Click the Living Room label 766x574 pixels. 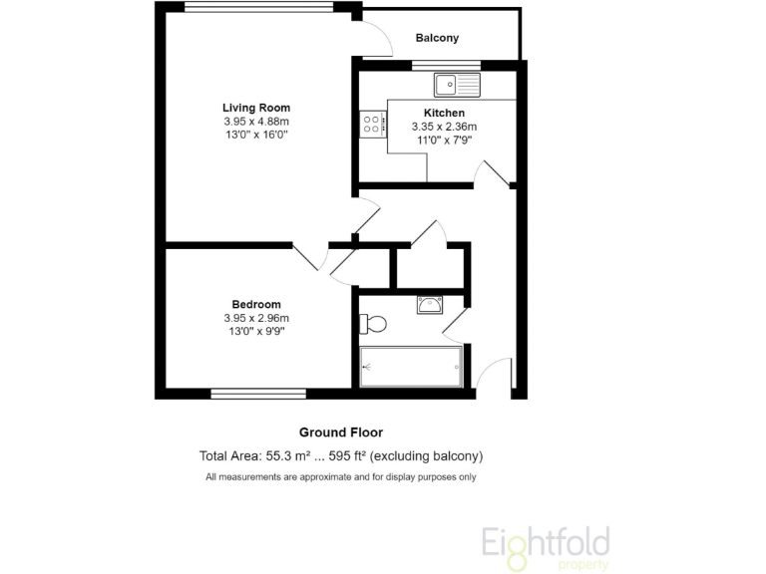(256, 108)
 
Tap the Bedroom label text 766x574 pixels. (256, 304)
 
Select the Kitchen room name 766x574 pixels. (444, 113)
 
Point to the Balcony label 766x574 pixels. (437, 39)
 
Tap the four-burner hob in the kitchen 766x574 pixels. (372, 124)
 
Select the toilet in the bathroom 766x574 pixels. (373, 324)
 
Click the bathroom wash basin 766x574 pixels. (431, 304)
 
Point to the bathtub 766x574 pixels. (411, 367)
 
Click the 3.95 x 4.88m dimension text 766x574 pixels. (256, 121)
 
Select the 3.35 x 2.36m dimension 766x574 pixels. (444, 127)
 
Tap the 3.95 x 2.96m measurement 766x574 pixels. (256, 318)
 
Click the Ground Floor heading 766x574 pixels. (341, 432)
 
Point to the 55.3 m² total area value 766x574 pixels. (289, 456)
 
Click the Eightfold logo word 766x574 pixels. (546, 543)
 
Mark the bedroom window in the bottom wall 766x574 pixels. (258, 394)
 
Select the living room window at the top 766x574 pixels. (259, 7)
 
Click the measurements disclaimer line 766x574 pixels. (341, 477)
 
